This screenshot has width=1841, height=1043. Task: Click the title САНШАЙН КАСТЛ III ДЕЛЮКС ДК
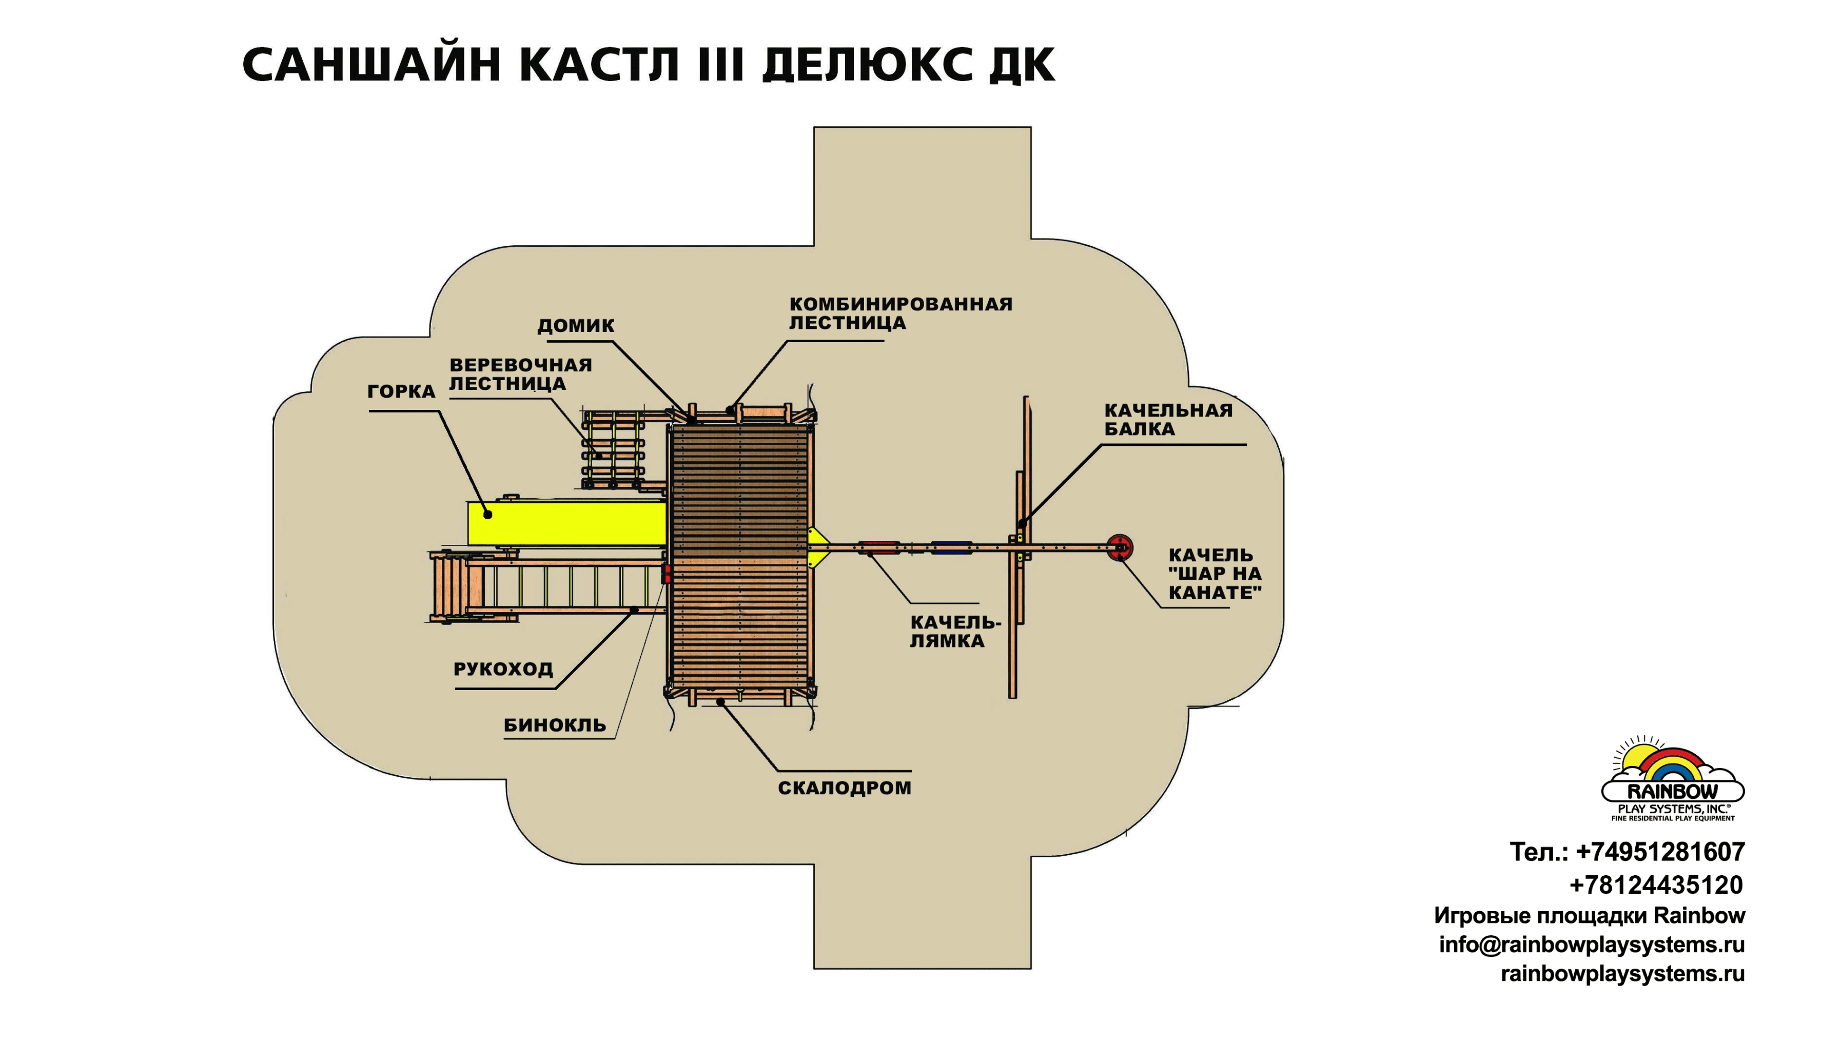coord(648,65)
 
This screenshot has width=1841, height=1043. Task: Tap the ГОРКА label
coord(401,391)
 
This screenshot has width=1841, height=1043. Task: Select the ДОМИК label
coord(576,326)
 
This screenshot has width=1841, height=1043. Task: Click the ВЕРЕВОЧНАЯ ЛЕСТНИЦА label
coord(520,374)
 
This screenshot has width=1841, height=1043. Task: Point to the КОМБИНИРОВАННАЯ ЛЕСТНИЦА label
coord(900,313)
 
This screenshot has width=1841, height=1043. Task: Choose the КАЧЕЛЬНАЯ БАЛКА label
coord(1168,420)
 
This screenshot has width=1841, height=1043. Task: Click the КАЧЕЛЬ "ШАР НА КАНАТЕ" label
coord(1214,574)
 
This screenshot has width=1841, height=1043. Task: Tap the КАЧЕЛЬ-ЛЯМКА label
coord(955,631)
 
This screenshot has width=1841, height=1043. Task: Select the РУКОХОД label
coord(503,669)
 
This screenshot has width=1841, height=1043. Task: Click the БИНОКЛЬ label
coord(555,725)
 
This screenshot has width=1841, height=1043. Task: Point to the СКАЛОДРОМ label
coord(845,788)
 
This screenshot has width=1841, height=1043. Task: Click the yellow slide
coord(566,524)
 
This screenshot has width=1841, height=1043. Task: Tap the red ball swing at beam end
coord(1119,548)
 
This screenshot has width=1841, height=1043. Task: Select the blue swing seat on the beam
coord(951,548)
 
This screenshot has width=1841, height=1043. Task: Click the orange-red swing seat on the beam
coord(878,548)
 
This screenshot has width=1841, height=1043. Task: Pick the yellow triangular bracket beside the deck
coord(817,548)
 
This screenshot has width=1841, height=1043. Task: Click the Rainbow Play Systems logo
coord(1673,781)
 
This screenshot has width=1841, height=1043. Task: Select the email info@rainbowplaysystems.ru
coord(1592,945)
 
